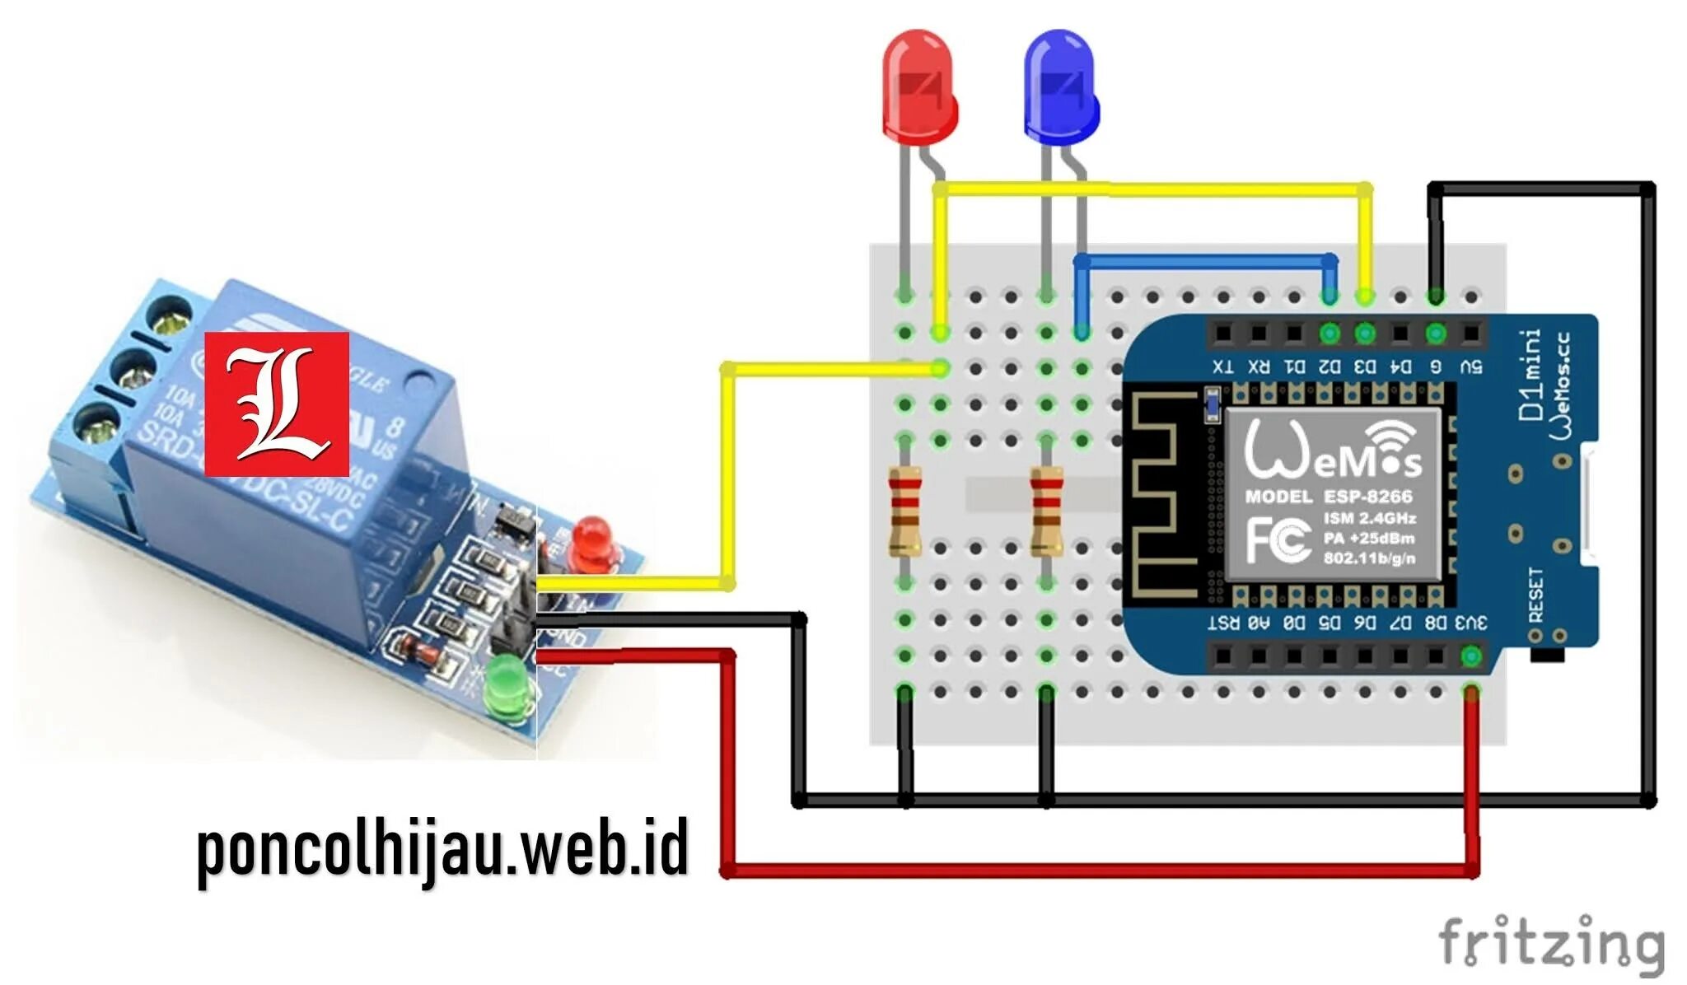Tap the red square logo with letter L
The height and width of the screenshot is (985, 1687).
coord(277,404)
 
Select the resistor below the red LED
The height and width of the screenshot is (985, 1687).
coord(904,511)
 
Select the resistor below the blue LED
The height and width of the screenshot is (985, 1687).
coord(1046,511)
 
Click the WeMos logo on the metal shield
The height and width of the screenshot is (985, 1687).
coord(1332,450)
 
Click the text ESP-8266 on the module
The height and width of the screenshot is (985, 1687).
coord(1368,497)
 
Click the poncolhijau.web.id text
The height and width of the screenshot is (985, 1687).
coord(442,851)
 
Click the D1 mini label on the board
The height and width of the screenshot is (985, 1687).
coord(1531,375)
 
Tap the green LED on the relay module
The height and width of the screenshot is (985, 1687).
coord(506,684)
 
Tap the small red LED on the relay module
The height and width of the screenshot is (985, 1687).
coord(591,540)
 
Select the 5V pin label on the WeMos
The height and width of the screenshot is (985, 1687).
coord(1471,366)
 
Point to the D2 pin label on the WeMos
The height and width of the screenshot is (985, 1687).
coord(1329,366)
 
